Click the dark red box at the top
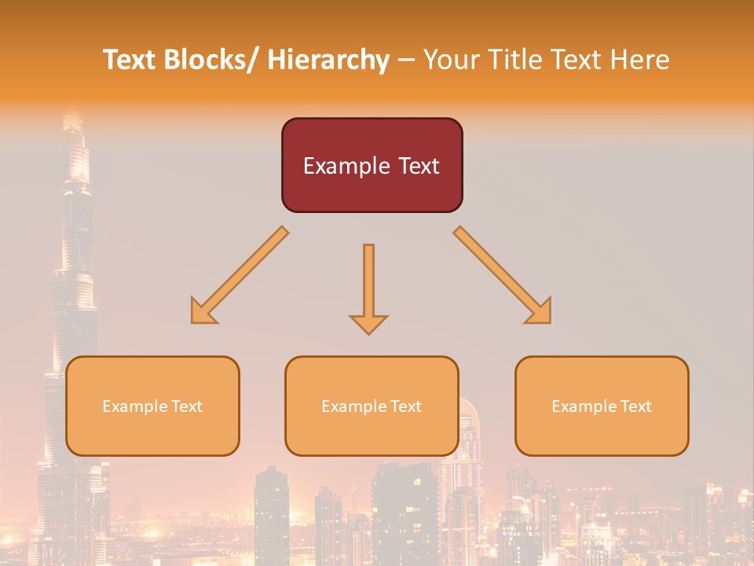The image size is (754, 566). [372, 165]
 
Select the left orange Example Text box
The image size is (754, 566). [152, 406]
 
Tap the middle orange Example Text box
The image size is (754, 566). [372, 406]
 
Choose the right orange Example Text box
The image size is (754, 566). [602, 406]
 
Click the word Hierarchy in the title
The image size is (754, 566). [328, 60]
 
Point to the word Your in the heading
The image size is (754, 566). [452, 60]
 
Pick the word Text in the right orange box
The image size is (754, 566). [635, 406]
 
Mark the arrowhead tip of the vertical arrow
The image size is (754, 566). [368, 333]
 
